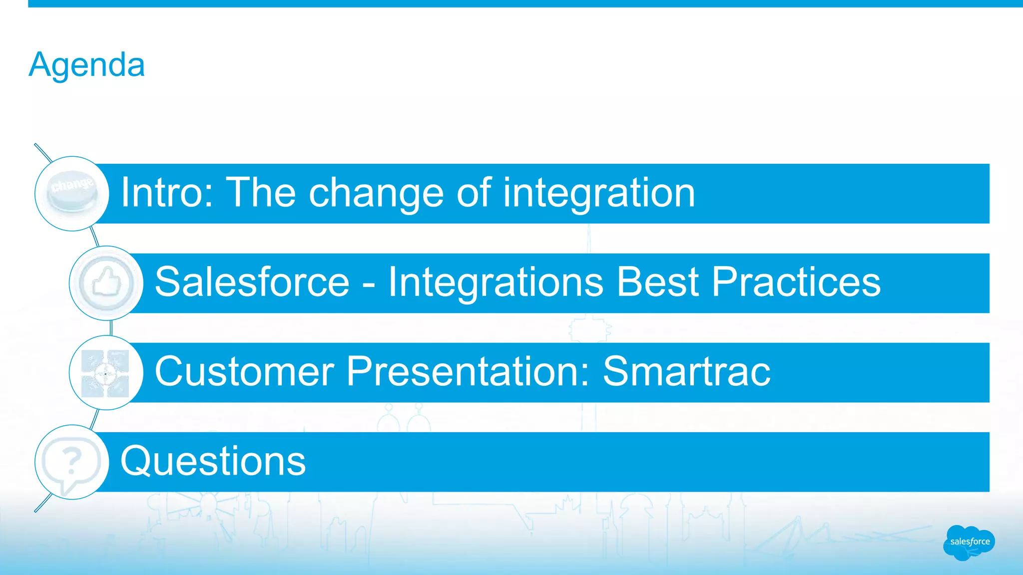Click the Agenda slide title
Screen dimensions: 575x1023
pos(87,65)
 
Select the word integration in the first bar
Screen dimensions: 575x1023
pos(599,194)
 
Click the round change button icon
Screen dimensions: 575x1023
pos(72,194)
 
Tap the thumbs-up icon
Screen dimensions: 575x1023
pos(106,283)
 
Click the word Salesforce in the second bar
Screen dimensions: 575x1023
pos(252,283)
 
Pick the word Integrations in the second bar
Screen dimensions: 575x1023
pos(496,283)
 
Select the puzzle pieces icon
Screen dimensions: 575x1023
pos(105,373)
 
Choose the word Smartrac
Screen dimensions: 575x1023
pos(686,372)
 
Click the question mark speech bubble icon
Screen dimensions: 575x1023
pos(71,463)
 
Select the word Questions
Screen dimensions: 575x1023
pos(213,462)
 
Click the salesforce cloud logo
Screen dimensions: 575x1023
pos(969,542)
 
